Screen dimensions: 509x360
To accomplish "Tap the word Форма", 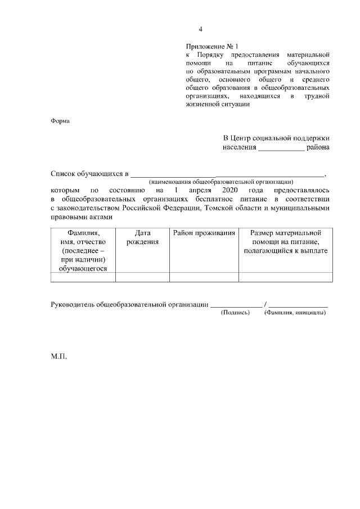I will [x=59, y=121].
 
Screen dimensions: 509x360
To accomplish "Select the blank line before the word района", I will [x=281, y=150].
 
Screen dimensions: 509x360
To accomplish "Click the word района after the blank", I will [x=318, y=148].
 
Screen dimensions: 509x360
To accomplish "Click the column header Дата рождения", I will [x=142, y=237].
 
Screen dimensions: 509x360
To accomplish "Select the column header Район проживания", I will [x=204, y=232].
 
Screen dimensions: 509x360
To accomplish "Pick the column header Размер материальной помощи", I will [x=285, y=241].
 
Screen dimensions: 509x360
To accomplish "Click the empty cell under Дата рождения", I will [x=142, y=277].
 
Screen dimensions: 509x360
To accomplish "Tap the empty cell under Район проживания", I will [x=204, y=277].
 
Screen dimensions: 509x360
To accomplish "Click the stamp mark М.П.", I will [x=58, y=356].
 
